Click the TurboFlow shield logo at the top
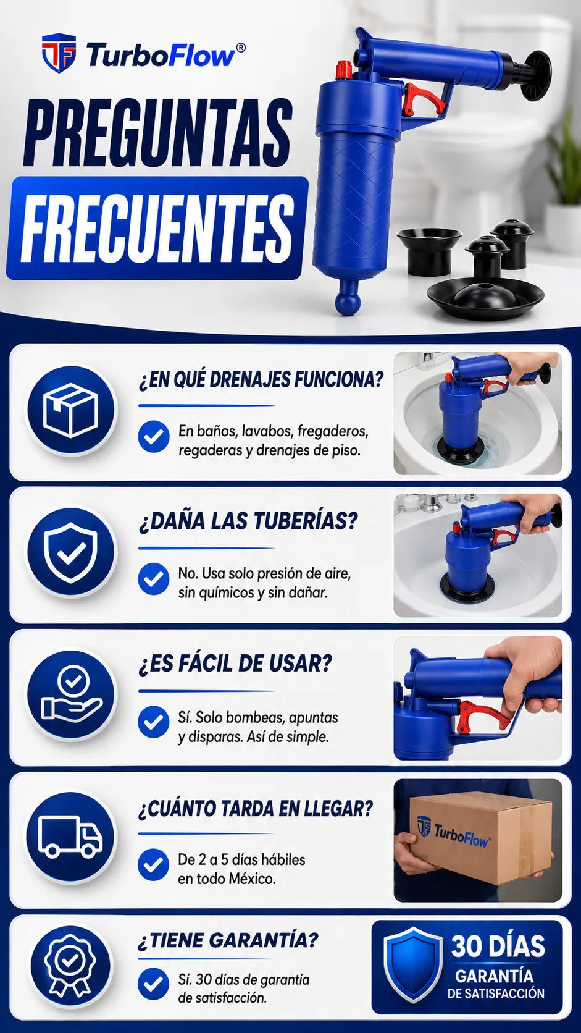coord(59,54)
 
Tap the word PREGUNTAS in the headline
coord(157,134)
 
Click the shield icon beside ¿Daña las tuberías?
coord(70,552)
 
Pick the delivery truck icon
coord(70,836)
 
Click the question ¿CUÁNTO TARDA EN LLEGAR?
coord(256,809)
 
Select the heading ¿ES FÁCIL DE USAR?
coord(235,664)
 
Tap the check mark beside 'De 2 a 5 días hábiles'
coord(153,865)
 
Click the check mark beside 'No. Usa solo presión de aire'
coord(153,579)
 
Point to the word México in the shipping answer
coord(253,879)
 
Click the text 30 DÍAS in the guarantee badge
coord(498,946)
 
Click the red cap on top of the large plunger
coord(344,70)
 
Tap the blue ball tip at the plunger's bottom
coord(348,301)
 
